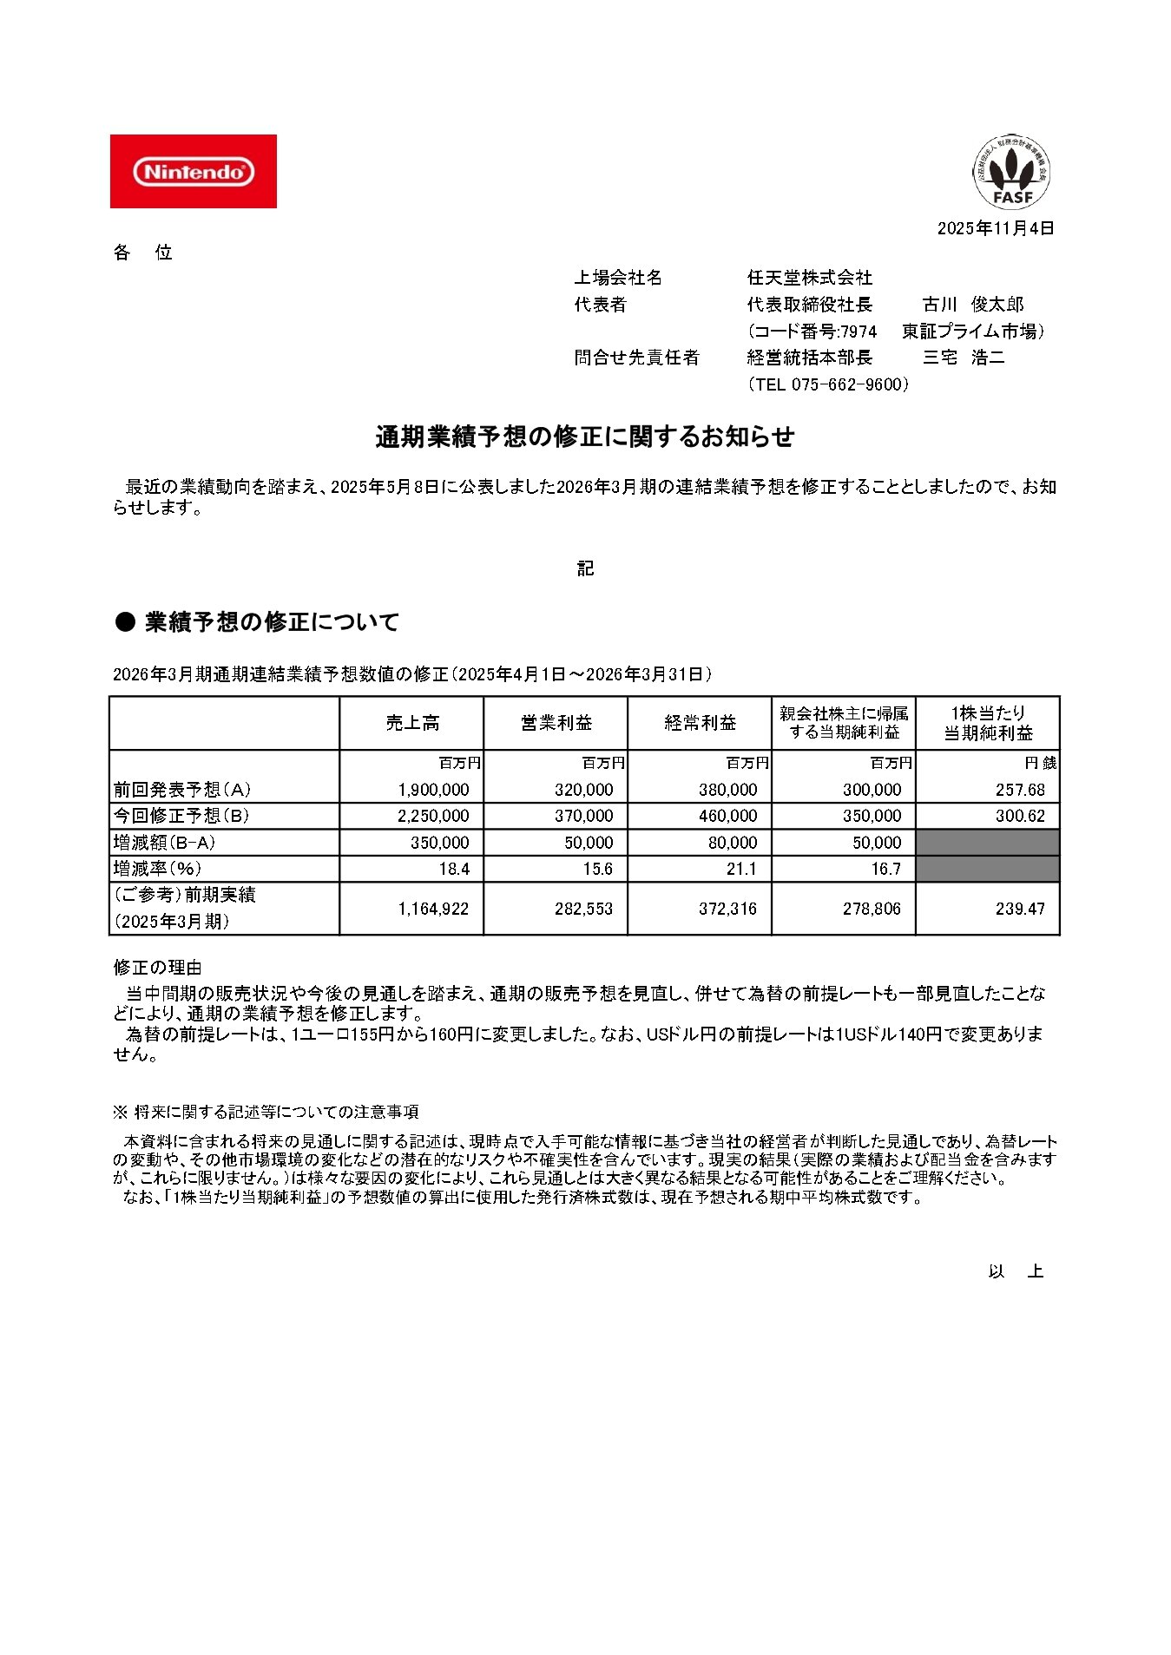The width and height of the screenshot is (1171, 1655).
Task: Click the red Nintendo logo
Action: [x=193, y=171]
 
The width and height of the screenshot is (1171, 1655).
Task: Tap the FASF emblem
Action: [x=1011, y=172]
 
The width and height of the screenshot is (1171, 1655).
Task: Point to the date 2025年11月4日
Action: [x=995, y=228]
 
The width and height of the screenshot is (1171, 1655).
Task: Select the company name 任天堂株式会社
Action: [x=809, y=278]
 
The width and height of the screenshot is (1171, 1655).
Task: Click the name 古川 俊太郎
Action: [x=972, y=305]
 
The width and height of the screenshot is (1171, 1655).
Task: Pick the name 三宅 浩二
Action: [x=963, y=358]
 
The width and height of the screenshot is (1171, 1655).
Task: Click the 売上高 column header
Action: [x=412, y=723]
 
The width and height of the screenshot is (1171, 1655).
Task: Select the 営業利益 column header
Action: [x=556, y=723]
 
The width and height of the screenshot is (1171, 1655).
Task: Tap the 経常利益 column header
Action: [x=700, y=723]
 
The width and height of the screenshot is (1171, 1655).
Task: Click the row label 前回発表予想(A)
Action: [x=182, y=790]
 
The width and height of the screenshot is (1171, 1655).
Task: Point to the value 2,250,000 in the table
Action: [x=433, y=816]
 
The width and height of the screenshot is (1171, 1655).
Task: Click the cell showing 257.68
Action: [x=1020, y=790]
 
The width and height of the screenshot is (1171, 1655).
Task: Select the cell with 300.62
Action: [x=1020, y=816]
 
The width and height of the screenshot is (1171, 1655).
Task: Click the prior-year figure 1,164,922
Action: [x=433, y=909]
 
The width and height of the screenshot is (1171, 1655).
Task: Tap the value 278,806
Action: [x=872, y=909]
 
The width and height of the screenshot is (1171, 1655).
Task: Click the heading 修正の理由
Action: [x=157, y=967]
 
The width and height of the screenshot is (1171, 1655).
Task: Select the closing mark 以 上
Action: [x=1015, y=1271]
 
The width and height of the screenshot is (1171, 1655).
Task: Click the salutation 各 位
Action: [x=143, y=253]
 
